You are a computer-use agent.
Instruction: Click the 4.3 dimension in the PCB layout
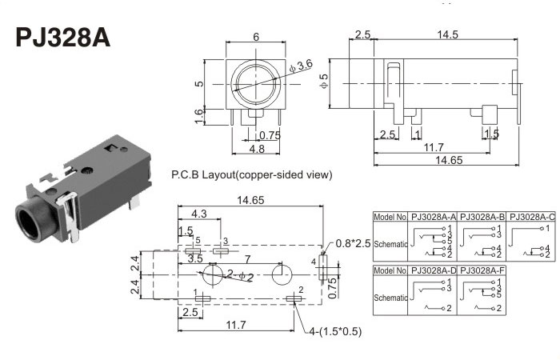(198, 214)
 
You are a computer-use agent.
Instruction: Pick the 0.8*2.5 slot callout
(353, 243)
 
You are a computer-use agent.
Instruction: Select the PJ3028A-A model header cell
(433, 217)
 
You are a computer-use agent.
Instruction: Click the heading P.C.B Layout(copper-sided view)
(252, 174)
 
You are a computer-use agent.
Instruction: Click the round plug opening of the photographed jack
(31, 222)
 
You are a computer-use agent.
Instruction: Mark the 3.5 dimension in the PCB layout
(194, 258)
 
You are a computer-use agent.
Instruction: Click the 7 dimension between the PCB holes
(248, 258)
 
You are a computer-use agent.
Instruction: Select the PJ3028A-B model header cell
(482, 217)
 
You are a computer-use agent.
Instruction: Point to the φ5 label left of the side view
(324, 81)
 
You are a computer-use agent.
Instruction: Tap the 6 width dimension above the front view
(255, 37)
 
